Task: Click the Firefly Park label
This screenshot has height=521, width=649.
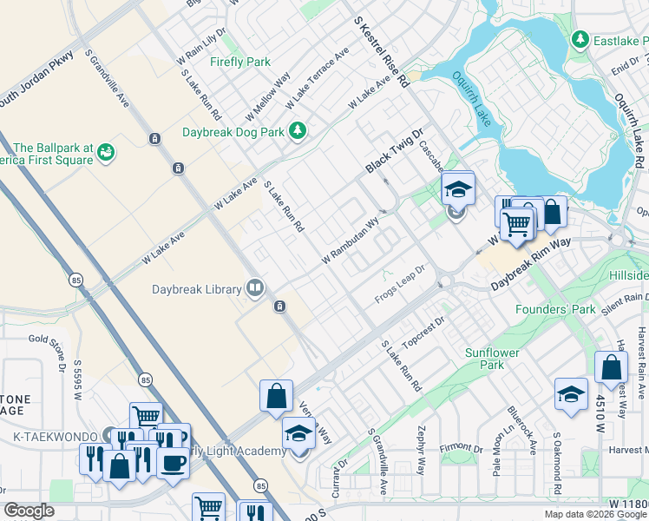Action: pyautogui.click(x=240, y=62)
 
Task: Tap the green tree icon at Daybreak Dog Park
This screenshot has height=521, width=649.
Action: pyautogui.click(x=298, y=131)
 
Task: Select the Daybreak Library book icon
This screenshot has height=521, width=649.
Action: pyautogui.click(x=255, y=287)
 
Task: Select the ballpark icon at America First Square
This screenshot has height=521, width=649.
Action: pyautogui.click(x=106, y=153)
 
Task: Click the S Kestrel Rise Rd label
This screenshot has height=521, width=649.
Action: pyautogui.click(x=381, y=52)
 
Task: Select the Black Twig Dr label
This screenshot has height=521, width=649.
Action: pyautogui.click(x=393, y=149)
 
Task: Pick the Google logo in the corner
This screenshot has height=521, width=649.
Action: pyautogui.click(x=29, y=511)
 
